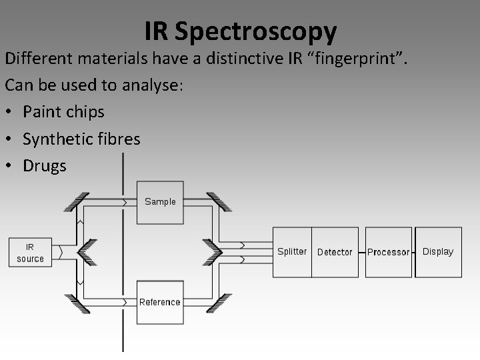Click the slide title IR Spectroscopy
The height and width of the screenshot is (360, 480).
coord(240,31)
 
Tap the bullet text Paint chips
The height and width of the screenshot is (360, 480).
coord(63,111)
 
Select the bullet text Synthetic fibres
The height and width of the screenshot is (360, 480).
coord(81,139)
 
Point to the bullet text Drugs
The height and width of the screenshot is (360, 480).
coord(45,165)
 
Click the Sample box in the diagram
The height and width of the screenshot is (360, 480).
coord(160,201)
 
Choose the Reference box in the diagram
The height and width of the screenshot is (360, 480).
coord(159,302)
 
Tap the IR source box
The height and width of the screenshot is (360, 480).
coord(31,253)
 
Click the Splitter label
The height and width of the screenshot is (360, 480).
coord(292,251)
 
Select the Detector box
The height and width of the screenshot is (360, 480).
coord(335,252)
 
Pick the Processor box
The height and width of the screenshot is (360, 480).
coord(389,252)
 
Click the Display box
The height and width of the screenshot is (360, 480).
coord(438,251)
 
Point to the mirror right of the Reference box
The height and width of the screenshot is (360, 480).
coord(219,303)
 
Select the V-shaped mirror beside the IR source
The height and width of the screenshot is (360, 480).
coord(86,251)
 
